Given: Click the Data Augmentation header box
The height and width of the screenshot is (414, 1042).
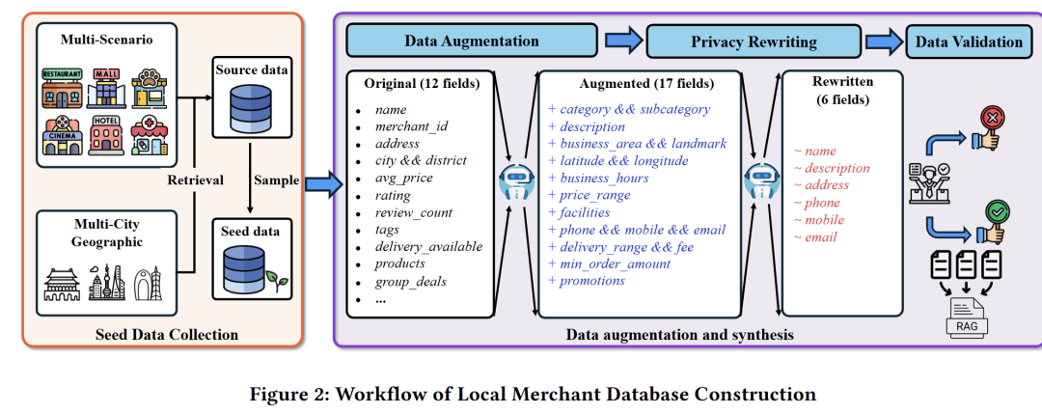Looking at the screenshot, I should click(472, 41).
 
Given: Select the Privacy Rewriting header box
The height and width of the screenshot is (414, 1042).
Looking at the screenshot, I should click(754, 41).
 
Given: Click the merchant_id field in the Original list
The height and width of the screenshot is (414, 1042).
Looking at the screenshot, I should click(410, 126).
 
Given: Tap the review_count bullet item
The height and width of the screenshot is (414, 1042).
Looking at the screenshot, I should click(413, 212).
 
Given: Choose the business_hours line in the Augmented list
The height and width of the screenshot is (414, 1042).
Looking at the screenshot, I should click(604, 178).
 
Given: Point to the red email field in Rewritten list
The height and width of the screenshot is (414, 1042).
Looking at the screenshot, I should click(820, 237).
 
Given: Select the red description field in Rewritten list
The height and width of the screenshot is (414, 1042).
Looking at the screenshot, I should click(836, 168).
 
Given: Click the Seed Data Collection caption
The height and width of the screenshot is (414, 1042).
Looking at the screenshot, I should click(167, 335).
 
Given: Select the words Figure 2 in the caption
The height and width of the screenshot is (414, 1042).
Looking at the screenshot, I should click(286, 394).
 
